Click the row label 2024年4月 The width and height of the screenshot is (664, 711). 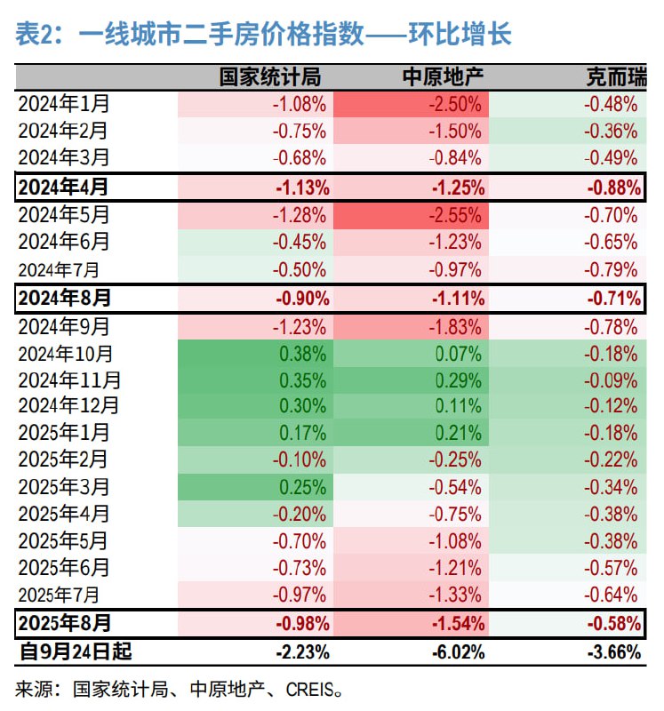coord(63,187)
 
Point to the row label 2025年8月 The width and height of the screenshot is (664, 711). coord(63,622)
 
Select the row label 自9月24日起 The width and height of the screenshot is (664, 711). coord(76,651)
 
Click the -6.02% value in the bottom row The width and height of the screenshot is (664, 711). coord(459,651)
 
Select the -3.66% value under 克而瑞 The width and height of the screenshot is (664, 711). coord(613,651)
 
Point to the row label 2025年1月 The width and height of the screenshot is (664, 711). coord(63,433)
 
